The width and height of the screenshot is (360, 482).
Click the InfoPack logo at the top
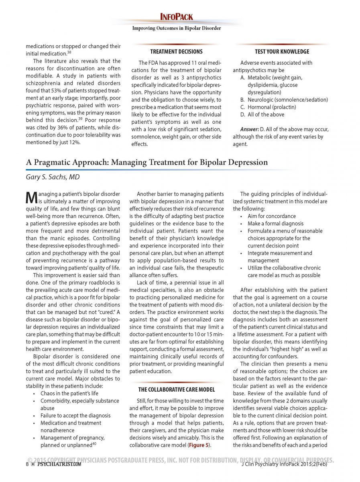(177, 17)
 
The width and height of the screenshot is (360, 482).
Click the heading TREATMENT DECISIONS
(176, 52)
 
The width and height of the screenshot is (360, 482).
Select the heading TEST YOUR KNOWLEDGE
(282, 52)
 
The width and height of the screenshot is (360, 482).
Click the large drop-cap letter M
(31, 197)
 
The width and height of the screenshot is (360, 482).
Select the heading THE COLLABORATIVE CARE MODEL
(177, 389)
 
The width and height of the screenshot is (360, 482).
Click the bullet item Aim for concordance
(271, 216)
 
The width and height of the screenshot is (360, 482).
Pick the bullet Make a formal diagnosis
(275, 223)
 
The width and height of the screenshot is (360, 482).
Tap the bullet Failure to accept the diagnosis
(70, 415)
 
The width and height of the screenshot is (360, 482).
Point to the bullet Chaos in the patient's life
(69, 393)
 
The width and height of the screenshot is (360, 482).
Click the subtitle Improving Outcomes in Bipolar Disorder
(177, 28)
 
